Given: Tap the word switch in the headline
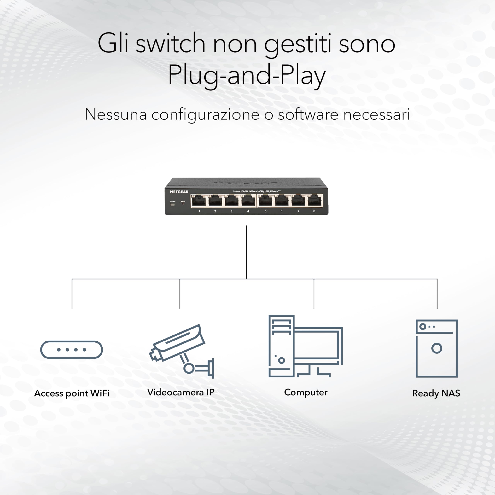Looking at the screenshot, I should pos(170,44).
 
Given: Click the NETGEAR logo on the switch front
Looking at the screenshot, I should pos(179,192).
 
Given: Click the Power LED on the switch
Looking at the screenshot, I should pos(173,204).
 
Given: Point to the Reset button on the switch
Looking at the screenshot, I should pos(183,204).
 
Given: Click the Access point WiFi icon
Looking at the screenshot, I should pos(72,349).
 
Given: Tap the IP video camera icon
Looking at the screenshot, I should pos(182,351).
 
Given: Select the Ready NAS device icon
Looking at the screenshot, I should pos(437,348).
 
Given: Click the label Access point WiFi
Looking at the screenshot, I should pos(72,393).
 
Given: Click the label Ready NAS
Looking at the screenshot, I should pos(436,393).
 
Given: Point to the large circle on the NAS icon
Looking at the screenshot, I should pos(437,348).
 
